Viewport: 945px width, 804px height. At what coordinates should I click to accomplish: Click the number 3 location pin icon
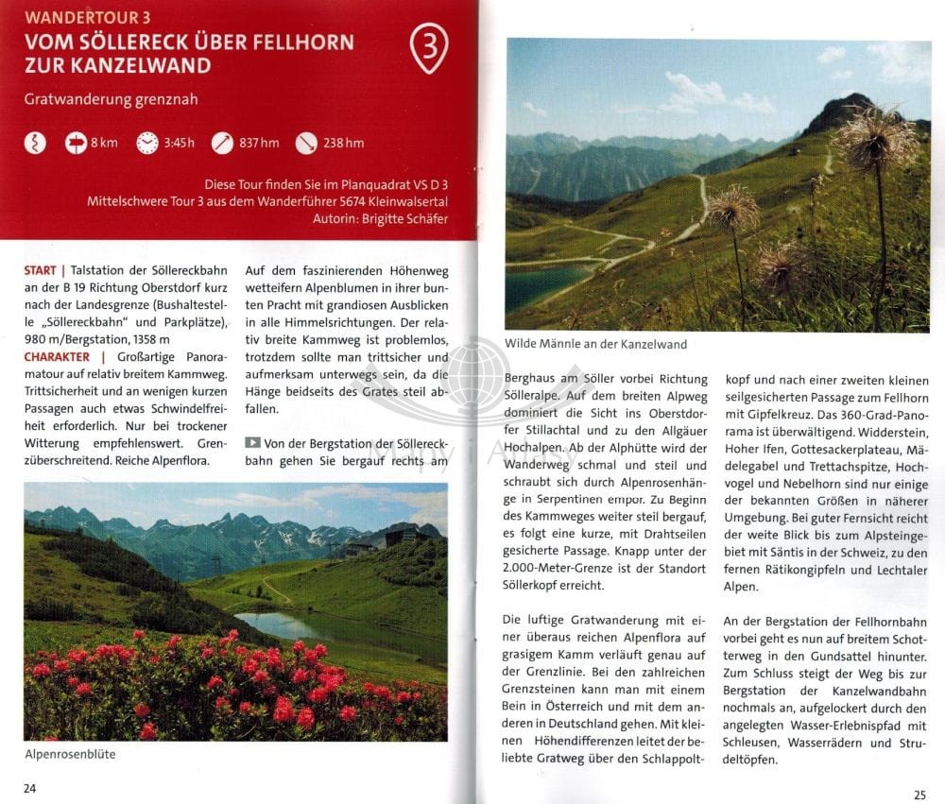click(428, 47)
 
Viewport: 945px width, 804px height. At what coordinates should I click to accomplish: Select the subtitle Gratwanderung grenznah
click(112, 99)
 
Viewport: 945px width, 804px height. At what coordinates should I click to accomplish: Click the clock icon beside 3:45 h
click(147, 143)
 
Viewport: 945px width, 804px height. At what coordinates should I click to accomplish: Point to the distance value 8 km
click(105, 143)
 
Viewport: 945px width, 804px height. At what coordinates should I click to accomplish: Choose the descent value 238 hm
click(343, 143)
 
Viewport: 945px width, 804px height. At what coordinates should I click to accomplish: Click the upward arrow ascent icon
click(222, 143)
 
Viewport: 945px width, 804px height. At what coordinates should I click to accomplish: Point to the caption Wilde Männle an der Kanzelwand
click(596, 344)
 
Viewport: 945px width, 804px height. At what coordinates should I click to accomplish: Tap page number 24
click(30, 789)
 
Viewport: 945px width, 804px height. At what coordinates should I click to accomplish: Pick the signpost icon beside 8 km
click(74, 143)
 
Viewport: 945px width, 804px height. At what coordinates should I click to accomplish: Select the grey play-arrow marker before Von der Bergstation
click(252, 443)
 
